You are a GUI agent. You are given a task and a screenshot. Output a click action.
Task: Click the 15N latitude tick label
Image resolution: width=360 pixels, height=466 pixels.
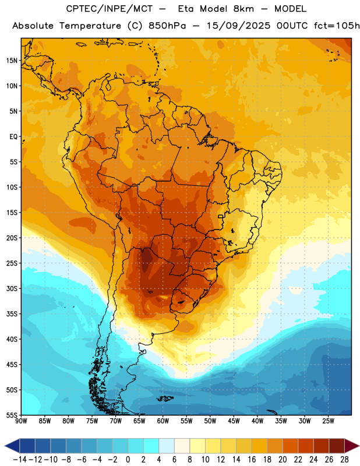point(12,61)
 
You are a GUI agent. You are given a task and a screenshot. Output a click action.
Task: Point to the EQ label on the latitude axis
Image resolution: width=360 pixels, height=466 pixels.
point(13,137)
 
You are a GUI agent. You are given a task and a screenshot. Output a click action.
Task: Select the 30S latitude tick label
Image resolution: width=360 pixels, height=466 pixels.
point(12,288)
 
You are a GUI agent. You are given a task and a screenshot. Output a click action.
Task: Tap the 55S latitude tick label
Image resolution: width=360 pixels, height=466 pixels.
point(12,415)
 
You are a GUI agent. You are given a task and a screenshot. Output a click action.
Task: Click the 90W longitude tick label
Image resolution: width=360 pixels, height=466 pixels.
point(21,421)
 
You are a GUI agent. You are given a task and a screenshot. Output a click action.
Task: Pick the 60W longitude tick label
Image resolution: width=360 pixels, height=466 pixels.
point(163,421)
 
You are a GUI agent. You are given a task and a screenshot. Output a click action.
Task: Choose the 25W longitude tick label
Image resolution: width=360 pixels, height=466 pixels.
point(328,421)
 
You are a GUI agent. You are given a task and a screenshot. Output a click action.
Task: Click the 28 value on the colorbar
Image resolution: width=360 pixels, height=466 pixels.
point(344,460)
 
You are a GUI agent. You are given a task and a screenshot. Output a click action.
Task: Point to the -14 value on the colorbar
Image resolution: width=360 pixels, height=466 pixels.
point(20,460)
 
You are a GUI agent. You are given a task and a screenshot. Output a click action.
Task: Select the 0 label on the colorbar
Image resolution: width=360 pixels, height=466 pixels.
point(128,460)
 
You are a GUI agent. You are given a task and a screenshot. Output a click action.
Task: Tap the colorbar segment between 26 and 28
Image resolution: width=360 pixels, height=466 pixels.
point(337,446)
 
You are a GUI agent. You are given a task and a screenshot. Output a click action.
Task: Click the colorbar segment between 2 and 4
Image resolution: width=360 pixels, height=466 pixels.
point(151,446)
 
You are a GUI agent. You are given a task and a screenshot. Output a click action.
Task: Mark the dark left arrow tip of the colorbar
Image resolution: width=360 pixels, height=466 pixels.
point(5,446)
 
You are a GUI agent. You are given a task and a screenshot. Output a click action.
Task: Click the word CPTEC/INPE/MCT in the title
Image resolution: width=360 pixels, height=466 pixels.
point(109,9)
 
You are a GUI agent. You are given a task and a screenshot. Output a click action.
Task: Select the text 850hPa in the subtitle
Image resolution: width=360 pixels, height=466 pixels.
point(167,26)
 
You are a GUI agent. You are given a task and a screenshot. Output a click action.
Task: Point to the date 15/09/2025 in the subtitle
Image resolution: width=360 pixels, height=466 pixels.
point(238,26)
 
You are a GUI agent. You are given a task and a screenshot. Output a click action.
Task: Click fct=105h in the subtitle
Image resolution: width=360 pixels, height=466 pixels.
point(337,26)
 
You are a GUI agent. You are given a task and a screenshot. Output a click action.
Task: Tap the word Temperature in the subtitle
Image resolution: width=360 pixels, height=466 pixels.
point(90,26)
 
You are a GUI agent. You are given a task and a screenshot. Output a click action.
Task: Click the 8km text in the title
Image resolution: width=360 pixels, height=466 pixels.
point(243,9)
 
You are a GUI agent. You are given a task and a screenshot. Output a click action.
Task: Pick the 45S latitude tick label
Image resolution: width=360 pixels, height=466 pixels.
point(12,365)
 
